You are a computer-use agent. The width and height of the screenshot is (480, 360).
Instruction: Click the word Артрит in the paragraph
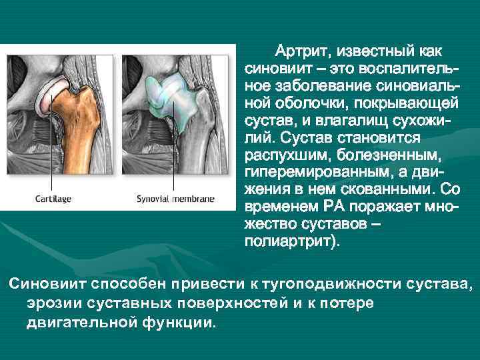tap(305, 52)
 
